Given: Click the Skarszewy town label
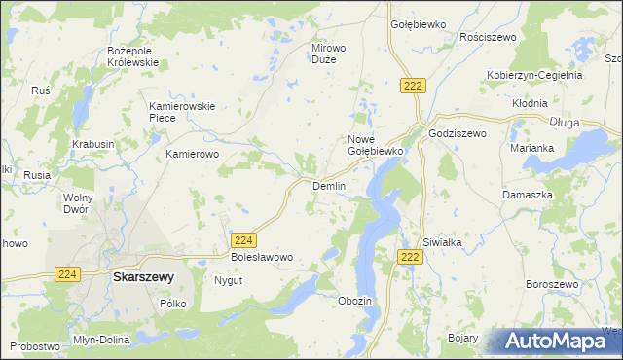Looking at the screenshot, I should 143,277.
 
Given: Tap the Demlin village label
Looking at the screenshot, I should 329,186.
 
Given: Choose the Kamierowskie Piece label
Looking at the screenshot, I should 175,112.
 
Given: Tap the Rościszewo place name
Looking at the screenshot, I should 485,37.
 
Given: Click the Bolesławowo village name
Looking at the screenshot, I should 261,257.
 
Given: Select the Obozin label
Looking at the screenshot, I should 354,301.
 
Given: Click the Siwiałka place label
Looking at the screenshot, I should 440,242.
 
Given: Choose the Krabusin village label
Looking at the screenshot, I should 93,144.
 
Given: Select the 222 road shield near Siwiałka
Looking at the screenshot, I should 411,256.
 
